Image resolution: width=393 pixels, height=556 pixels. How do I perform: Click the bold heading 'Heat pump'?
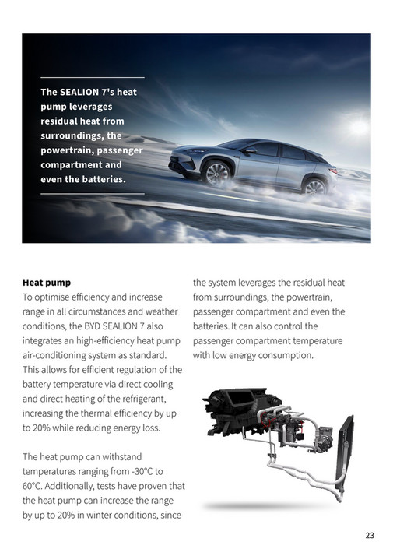(47, 283)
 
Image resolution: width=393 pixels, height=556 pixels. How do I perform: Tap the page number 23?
(369, 535)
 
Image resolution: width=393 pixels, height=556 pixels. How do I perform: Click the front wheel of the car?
(217, 174)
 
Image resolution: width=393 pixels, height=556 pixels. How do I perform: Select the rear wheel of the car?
(314, 186)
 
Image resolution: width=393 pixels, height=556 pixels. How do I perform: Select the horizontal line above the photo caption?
(92, 78)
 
